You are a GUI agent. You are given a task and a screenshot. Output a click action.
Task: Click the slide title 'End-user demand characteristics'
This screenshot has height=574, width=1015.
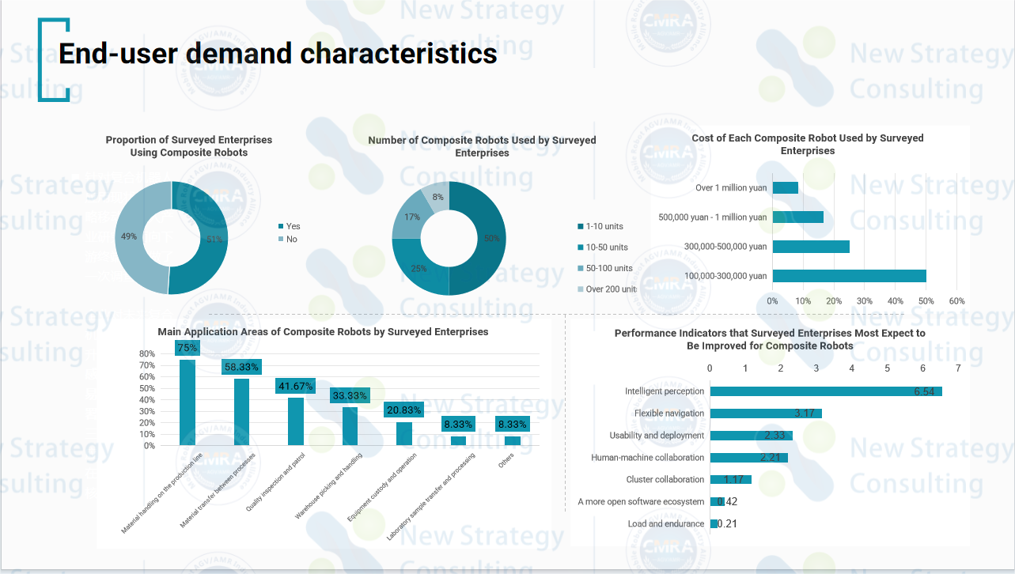(278, 54)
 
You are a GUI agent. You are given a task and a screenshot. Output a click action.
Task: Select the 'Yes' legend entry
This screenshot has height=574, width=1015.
(293, 226)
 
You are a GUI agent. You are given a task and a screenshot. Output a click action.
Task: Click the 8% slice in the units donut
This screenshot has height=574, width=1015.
(437, 195)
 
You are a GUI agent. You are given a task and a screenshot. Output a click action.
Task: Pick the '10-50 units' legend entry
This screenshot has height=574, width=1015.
(607, 247)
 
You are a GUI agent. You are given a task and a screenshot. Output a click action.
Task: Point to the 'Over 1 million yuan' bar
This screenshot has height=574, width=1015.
(785, 187)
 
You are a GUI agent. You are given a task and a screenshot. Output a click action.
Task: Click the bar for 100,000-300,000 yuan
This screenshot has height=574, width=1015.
(849, 276)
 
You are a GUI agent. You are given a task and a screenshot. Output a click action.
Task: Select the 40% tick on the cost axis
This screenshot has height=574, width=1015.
(895, 301)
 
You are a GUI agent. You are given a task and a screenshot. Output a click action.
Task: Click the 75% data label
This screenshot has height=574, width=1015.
(187, 348)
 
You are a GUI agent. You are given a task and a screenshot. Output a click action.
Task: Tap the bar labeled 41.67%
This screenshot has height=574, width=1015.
(296, 421)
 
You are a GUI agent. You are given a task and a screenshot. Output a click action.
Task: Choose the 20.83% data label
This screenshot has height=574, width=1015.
(404, 410)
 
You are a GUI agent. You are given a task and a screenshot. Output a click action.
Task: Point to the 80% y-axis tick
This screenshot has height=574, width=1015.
(147, 353)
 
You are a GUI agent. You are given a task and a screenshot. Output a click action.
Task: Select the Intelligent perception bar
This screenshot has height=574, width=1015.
(825, 391)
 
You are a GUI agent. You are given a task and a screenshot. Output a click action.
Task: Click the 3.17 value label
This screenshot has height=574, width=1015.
(805, 414)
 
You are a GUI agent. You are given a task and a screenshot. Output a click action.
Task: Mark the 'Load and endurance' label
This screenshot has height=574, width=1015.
(665, 524)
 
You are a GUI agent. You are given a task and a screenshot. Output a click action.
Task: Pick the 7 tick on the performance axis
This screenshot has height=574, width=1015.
(958, 368)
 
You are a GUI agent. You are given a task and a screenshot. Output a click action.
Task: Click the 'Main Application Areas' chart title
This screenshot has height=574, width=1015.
(323, 332)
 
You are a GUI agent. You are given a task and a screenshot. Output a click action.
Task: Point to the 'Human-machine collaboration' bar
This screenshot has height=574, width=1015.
(748, 458)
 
